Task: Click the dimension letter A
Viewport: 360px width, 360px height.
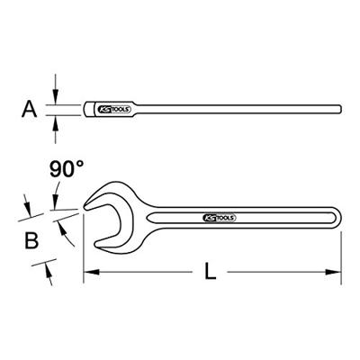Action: [31, 110]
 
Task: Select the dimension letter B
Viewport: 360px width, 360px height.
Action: [31, 240]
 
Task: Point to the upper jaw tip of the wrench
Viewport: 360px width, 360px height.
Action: [86, 206]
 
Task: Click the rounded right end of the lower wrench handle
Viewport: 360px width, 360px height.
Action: [338, 219]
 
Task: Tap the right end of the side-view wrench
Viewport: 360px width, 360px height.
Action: [341, 110]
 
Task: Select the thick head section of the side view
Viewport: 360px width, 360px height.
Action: [93, 110]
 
